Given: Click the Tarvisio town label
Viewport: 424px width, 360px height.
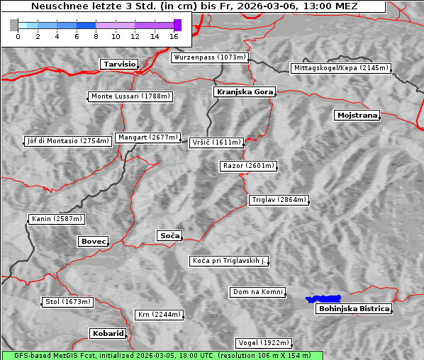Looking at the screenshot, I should [118, 64].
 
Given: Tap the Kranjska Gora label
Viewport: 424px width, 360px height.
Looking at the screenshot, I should [243, 92].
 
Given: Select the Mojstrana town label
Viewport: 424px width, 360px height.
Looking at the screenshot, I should [357, 115].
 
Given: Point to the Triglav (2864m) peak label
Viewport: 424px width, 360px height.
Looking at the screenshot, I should [279, 200].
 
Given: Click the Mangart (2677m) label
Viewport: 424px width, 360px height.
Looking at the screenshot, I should [147, 137].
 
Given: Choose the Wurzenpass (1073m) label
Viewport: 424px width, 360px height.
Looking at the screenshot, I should [210, 57].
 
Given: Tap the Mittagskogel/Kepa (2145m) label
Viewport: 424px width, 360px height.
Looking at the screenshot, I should [340, 68].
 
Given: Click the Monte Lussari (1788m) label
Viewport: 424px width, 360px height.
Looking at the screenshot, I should [131, 96].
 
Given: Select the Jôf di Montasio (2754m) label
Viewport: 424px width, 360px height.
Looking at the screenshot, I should [68, 141].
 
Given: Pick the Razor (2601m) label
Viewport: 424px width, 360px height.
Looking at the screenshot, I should [248, 166].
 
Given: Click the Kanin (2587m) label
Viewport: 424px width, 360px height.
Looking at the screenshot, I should [57, 219].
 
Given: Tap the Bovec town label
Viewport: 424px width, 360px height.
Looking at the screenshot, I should [93, 242].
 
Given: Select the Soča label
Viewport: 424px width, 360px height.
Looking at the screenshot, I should [169, 235].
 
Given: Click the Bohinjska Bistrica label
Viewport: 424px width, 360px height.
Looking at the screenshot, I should [354, 308].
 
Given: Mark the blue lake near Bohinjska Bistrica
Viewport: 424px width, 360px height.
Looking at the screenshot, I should [323, 299].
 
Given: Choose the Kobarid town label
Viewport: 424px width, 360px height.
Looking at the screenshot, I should [108, 333].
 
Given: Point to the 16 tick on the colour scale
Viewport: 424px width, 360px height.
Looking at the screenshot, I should [174, 36].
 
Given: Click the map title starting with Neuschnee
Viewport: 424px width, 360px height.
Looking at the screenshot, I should [194, 6].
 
